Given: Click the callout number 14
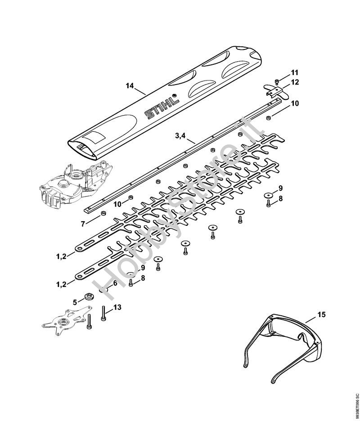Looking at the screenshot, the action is coord(130,86).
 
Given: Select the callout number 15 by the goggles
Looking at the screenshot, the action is coord(322,314).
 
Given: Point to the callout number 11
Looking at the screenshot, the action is coord(294,72).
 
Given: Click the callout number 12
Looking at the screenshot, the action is coord(295,82).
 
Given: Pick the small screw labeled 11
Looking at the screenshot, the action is coord(277,81).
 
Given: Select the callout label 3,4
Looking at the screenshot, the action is coord(180,136).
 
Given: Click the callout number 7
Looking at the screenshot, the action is coord(83,224).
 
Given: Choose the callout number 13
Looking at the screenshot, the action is coord(117,307).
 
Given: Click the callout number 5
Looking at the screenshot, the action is coord(75,302).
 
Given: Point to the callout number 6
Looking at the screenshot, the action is coord(115,283).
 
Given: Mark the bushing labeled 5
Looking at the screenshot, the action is coord(88,297).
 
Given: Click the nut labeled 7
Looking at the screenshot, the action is coord(103,214).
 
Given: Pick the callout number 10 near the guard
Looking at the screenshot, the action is coord(294,103).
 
